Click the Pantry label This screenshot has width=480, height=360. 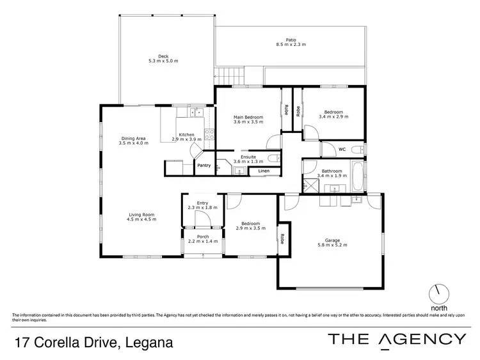(x=204, y=166)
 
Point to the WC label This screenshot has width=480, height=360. (x=342, y=150)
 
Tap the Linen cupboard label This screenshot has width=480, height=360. (x=264, y=171)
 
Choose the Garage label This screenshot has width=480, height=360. (x=332, y=240)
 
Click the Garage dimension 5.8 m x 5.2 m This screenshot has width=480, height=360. (x=332, y=246)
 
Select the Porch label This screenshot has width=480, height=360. (x=203, y=237)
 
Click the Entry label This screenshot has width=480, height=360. (x=202, y=203)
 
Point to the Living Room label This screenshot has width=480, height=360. (x=141, y=215)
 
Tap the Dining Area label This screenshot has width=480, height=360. (x=133, y=139)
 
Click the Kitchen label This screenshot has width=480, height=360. (x=186, y=134)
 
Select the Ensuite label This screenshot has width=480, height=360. (x=248, y=157)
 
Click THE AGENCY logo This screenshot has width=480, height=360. (x=396, y=340)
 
